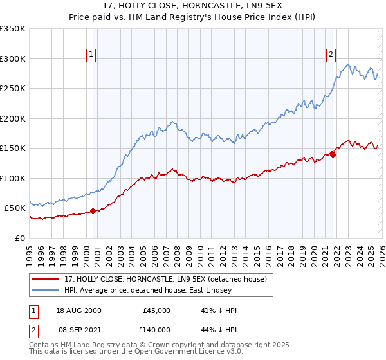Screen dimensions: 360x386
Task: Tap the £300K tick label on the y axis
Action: pyautogui.click(x=13, y=59)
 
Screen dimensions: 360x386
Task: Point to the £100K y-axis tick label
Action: pyautogui.click(x=13, y=178)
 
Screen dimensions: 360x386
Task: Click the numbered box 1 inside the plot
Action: pyautogui.click(x=92, y=55)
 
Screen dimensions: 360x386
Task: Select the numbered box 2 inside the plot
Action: pyautogui.click(x=331, y=55)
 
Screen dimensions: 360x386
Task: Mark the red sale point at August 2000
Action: pyautogui.click(x=93, y=210)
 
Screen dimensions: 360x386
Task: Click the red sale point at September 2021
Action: pyautogui.click(x=333, y=154)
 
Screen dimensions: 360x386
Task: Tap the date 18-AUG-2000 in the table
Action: pyautogui.click(x=78, y=310)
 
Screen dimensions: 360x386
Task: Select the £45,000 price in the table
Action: pyautogui.click(x=156, y=310)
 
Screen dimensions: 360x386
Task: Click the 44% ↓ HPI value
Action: pyautogui.click(x=219, y=328)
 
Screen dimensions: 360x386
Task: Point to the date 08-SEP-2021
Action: pyautogui.click(x=78, y=328)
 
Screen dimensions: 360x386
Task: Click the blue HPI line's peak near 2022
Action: pyautogui.click(x=348, y=64)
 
